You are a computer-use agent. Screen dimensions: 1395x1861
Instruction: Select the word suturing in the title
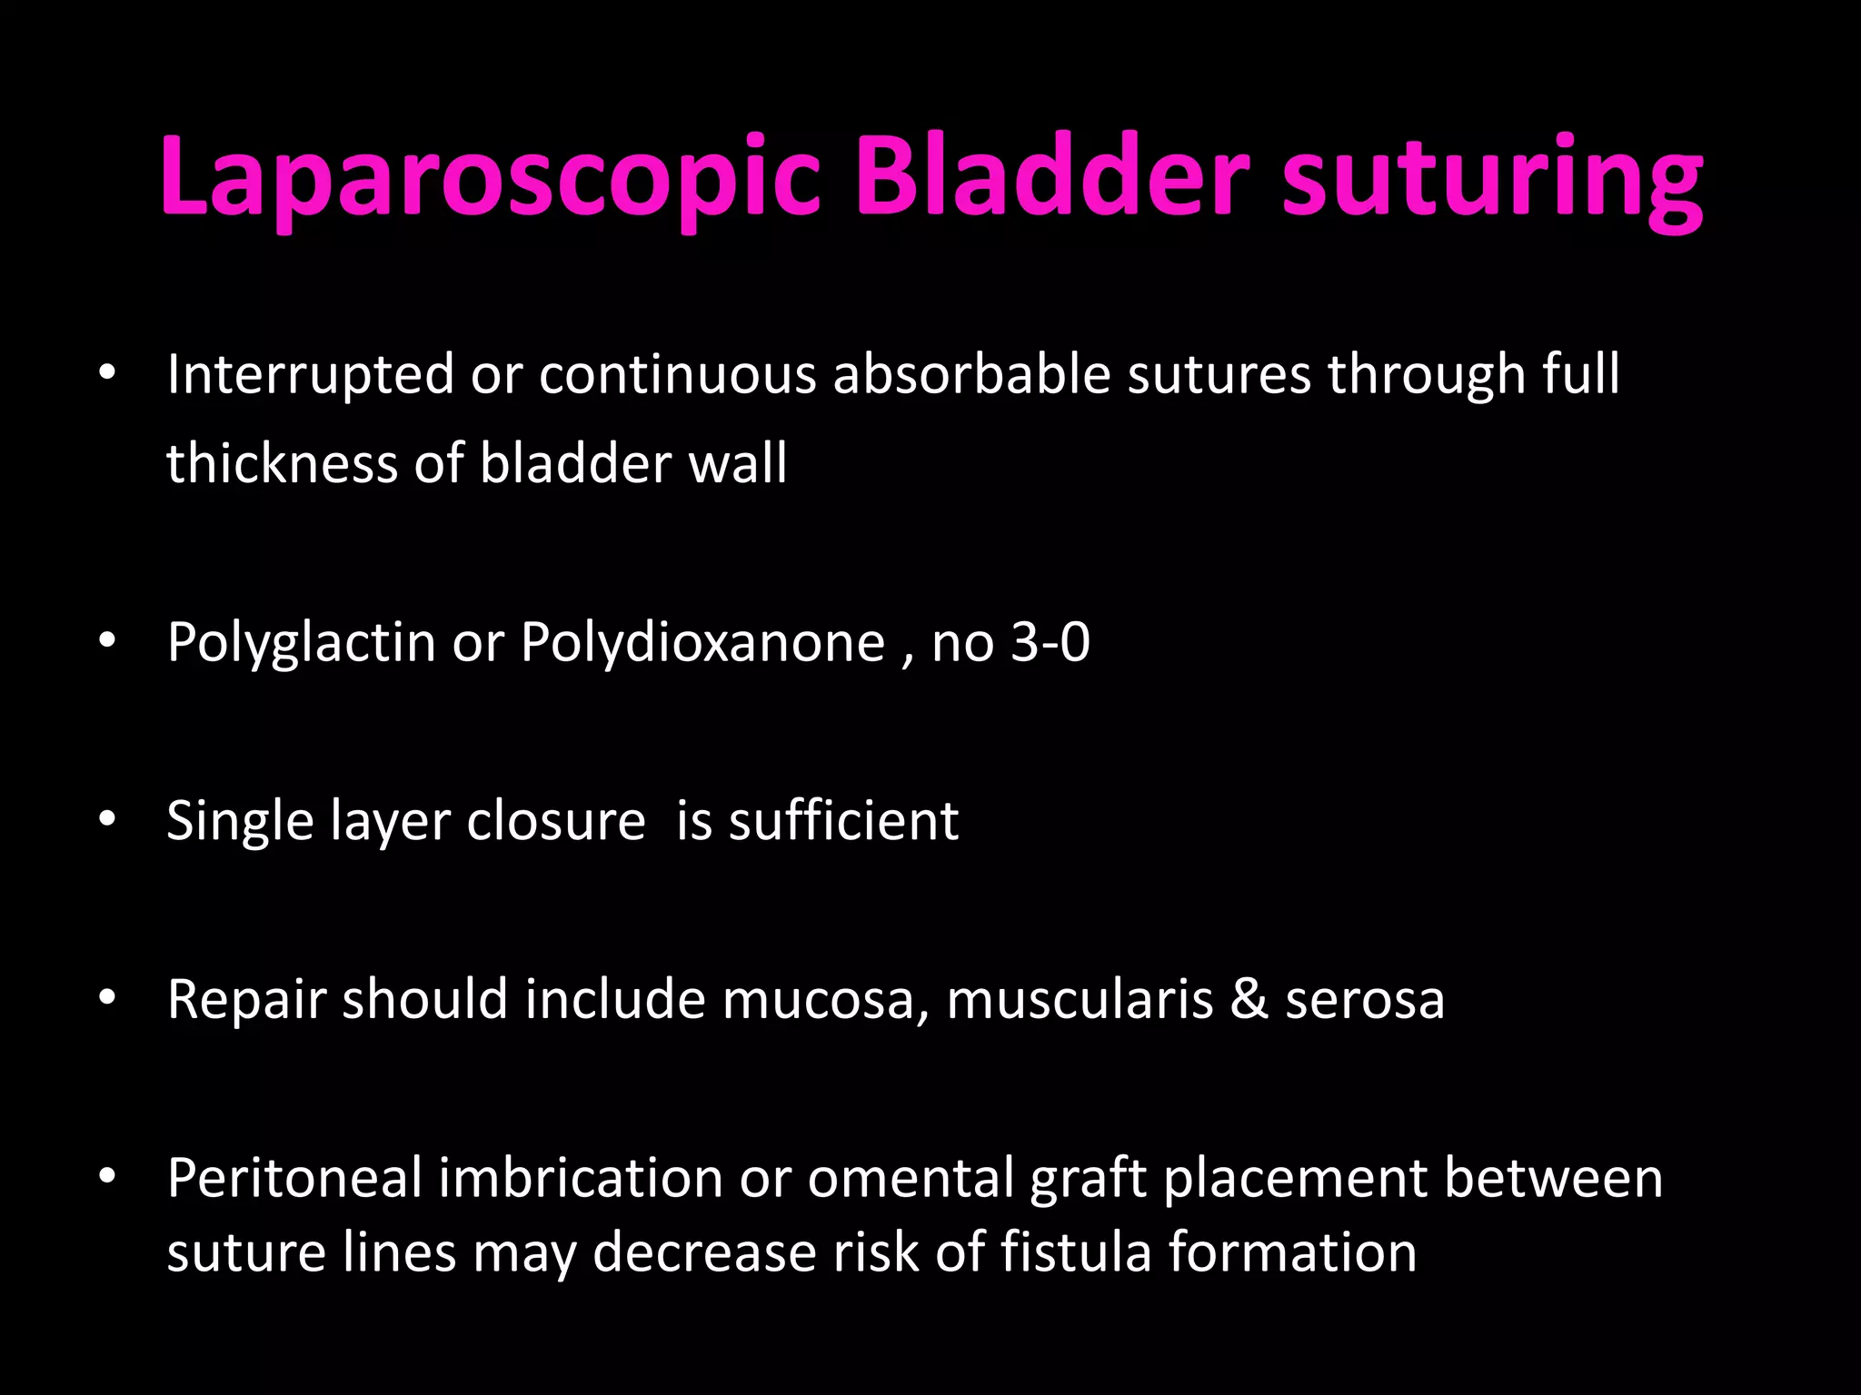click(1491, 177)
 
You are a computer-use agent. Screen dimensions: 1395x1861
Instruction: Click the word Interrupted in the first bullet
click(310, 374)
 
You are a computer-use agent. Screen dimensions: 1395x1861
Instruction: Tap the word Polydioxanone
click(702, 642)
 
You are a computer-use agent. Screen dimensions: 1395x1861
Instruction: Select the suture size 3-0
click(1050, 642)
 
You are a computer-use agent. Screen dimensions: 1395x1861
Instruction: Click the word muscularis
click(1080, 1000)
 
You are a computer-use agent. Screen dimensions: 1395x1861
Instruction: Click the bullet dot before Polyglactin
click(107, 641)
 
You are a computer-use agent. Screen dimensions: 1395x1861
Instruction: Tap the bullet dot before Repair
click(107, 998)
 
